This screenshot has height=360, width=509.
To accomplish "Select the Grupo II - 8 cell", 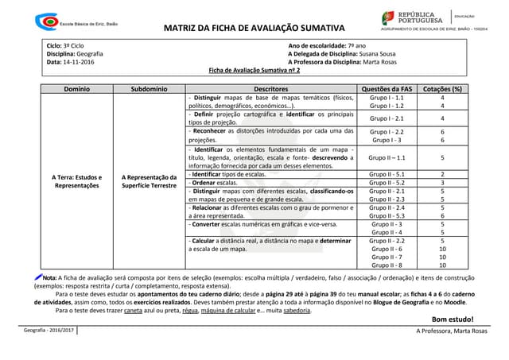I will [387, 265].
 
